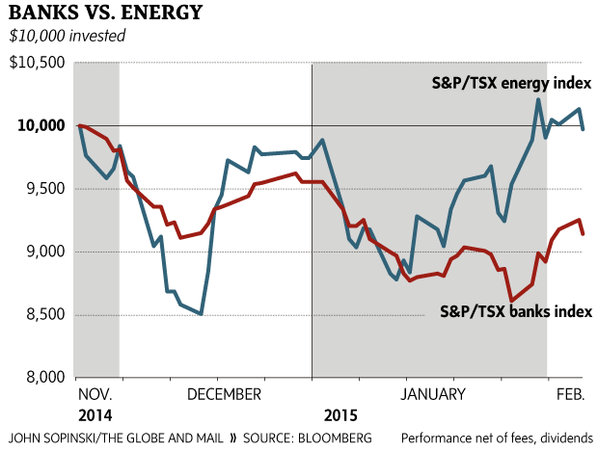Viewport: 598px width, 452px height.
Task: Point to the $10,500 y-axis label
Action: (38, 64)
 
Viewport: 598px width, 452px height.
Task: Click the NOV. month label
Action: (95, 394)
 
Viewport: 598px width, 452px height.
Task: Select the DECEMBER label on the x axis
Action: (224, 394)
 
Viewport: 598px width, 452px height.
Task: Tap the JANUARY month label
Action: (433, 394)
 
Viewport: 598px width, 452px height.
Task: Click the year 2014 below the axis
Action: (94, 415)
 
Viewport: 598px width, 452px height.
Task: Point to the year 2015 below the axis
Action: (340, 415)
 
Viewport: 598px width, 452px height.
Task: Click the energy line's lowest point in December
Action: (201, 314)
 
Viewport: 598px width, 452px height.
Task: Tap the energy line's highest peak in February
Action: (537, 99)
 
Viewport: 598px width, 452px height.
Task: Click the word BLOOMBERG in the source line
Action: (334, 439)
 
